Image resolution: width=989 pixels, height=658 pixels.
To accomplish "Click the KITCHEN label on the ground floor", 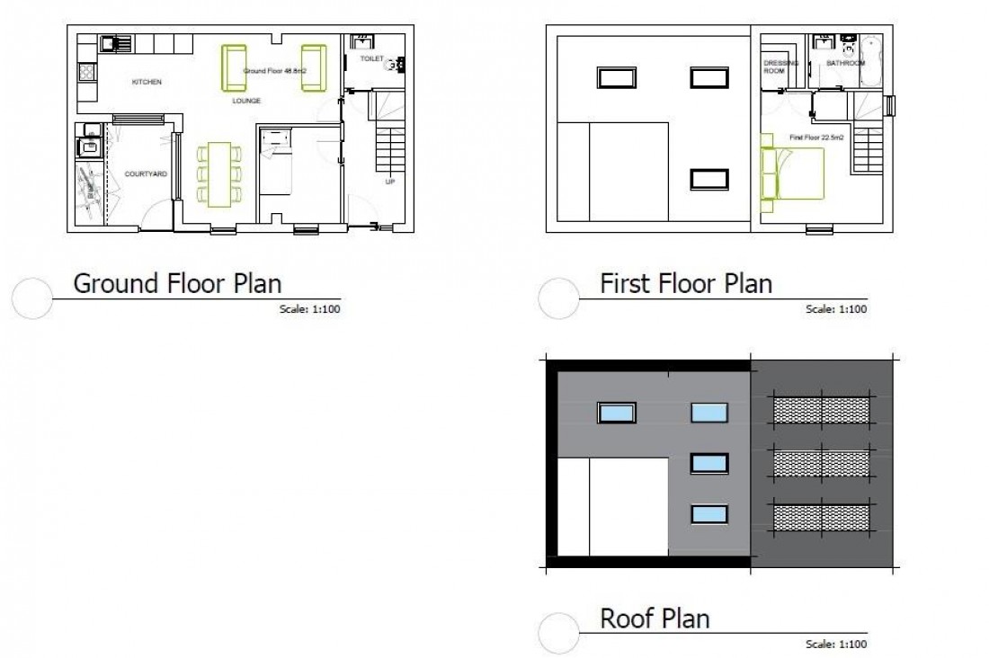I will [147, 82].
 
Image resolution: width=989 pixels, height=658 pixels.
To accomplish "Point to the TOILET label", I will [372, 58].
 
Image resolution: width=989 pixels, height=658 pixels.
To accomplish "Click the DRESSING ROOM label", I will [775, 67].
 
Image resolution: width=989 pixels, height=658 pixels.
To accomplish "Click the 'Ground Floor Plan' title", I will [177, 284].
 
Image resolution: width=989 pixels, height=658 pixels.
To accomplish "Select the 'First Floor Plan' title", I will [685, 284].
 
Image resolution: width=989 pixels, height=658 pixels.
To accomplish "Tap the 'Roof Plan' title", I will [655, 618].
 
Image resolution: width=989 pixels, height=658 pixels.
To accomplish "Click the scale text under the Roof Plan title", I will [836, 644].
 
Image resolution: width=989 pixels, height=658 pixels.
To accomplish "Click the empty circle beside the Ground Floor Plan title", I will [35, 298].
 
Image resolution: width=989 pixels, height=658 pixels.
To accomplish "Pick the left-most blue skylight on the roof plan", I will [617, 413].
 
